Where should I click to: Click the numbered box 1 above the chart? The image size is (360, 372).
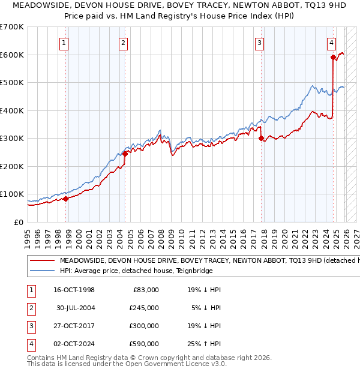pos(64,43)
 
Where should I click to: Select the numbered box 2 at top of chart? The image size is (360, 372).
pos(123,43)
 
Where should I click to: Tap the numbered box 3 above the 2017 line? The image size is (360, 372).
pos(259,43)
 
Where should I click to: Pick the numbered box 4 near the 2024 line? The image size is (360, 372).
pos(331,43)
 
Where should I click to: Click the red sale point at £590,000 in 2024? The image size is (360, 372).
pos(333,58)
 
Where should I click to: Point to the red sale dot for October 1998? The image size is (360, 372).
pos(65,199)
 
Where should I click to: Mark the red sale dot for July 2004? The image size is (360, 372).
pos(125,154)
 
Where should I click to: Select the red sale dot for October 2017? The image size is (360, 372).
pos(261,138)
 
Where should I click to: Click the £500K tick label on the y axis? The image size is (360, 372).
pos(12,82)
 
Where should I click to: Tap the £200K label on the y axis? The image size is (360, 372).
pos(12,166)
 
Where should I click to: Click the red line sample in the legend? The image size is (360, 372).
pos(41,261)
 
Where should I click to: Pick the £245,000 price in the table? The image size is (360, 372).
pos(143,308)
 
